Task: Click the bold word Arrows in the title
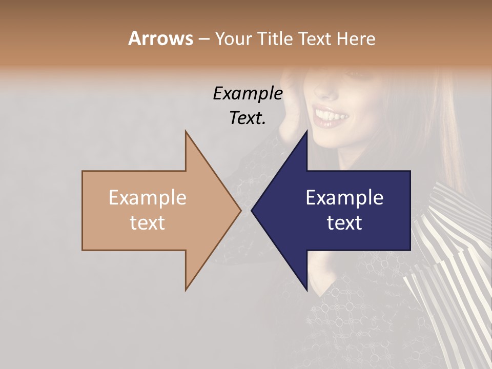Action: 160,38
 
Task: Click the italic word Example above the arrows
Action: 248,94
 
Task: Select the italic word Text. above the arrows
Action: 248,118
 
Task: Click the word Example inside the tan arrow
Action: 148,198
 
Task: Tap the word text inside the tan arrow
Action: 148,223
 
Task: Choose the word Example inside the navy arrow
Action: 344,198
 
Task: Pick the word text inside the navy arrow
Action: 344,223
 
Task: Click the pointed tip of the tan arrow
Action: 240,210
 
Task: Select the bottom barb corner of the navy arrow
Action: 307,290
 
